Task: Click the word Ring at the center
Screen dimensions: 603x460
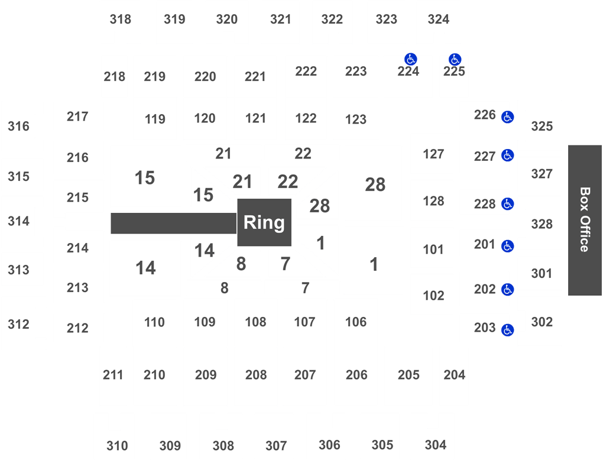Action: tap(264, 223)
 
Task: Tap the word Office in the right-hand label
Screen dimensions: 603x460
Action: tap(584, 234)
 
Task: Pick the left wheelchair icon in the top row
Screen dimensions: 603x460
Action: tap(411, 59)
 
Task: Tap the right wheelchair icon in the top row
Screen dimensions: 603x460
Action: tap(455, 59)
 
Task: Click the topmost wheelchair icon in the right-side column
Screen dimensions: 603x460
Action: tap(507, 117)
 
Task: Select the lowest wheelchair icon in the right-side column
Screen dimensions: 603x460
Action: tap(507, 330)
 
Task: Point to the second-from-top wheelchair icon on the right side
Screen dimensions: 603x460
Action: tap(507, 156)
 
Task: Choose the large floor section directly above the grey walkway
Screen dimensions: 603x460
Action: tap(145, 176)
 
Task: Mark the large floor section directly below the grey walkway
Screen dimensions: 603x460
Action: tap(145, 268)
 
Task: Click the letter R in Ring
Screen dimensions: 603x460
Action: tap(249, 223)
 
